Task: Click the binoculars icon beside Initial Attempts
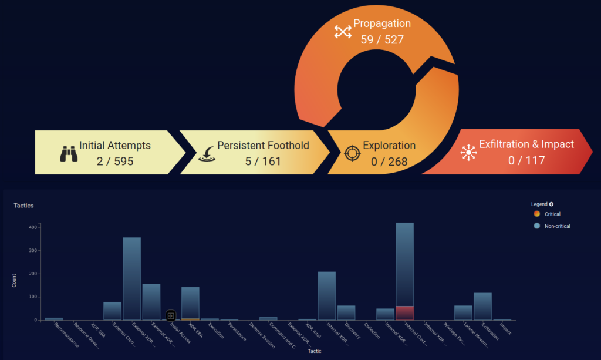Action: coord(69,154)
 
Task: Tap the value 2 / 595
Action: coord(115,161)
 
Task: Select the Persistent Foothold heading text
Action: coord(263,146)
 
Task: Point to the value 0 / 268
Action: coord(389,161)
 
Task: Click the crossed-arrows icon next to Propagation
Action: coord(343,32)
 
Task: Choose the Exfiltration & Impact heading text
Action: coord(526,144)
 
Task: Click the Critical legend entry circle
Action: coord(536,214)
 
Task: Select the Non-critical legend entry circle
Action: coord(536,226)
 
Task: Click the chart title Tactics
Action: coord(23,206)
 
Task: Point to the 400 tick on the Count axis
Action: coord(33,227)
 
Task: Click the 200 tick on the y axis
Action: coord(33,274)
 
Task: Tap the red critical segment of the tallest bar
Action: coord(405,313)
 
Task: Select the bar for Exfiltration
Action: coord(482,306)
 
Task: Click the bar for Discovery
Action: coord(346,312)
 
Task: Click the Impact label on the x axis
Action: coord(505,329)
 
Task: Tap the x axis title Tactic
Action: coord(315,351)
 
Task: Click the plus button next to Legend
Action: coord(551,204)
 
